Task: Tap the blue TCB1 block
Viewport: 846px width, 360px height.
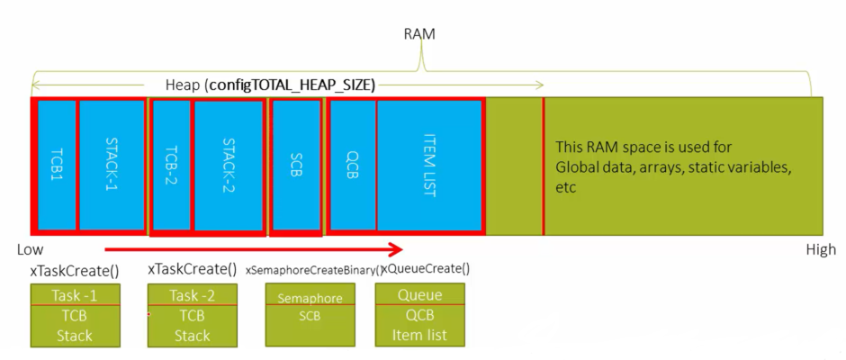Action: tap(57, 165)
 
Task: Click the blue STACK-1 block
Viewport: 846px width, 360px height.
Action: tap(112, 165)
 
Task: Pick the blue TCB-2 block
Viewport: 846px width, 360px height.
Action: tap(171, 165)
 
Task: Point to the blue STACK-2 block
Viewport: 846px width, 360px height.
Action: tap(229, 165)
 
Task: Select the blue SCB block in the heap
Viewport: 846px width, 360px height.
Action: tap(295, 165)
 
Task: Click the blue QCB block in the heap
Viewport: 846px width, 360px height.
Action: tap(353, 165)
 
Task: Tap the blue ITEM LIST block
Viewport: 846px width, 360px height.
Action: tap(429, 165)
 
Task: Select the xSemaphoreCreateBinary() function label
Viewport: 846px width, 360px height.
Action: tap(314, 269)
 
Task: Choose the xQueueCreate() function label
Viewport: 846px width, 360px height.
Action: tap(427, 268)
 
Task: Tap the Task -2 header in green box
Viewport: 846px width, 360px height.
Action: tap(192, 295)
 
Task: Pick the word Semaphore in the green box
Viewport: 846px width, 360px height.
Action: tap(310, 298)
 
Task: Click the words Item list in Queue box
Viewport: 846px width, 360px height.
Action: tap(419, 336)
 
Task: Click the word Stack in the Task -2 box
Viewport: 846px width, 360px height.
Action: tap(192, 336)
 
